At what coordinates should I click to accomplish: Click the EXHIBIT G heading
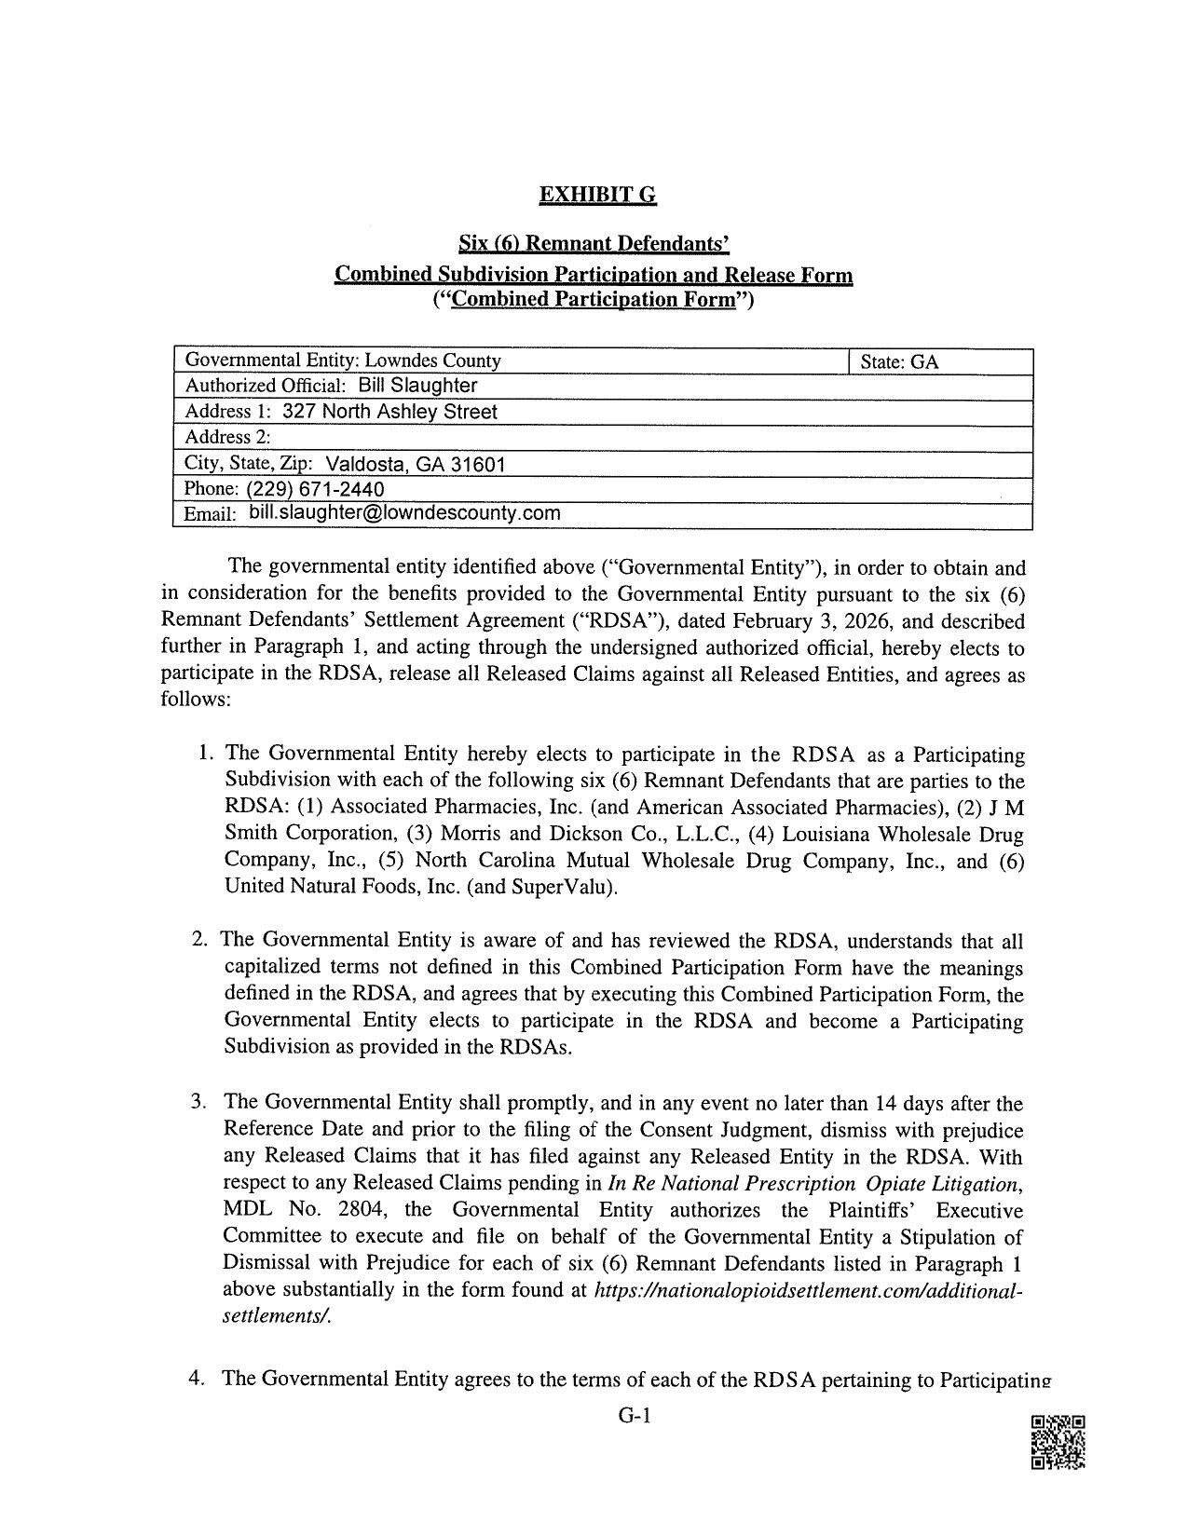point(597,195)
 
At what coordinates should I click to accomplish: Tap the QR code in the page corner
point(1058,1442)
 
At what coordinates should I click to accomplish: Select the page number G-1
point(633,1417)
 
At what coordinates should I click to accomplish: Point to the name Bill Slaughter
point(417,386)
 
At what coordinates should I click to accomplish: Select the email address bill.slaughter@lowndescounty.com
point(404,512)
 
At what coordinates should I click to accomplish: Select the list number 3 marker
point(198,1103)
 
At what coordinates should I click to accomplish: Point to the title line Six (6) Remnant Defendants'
point(593,244)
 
